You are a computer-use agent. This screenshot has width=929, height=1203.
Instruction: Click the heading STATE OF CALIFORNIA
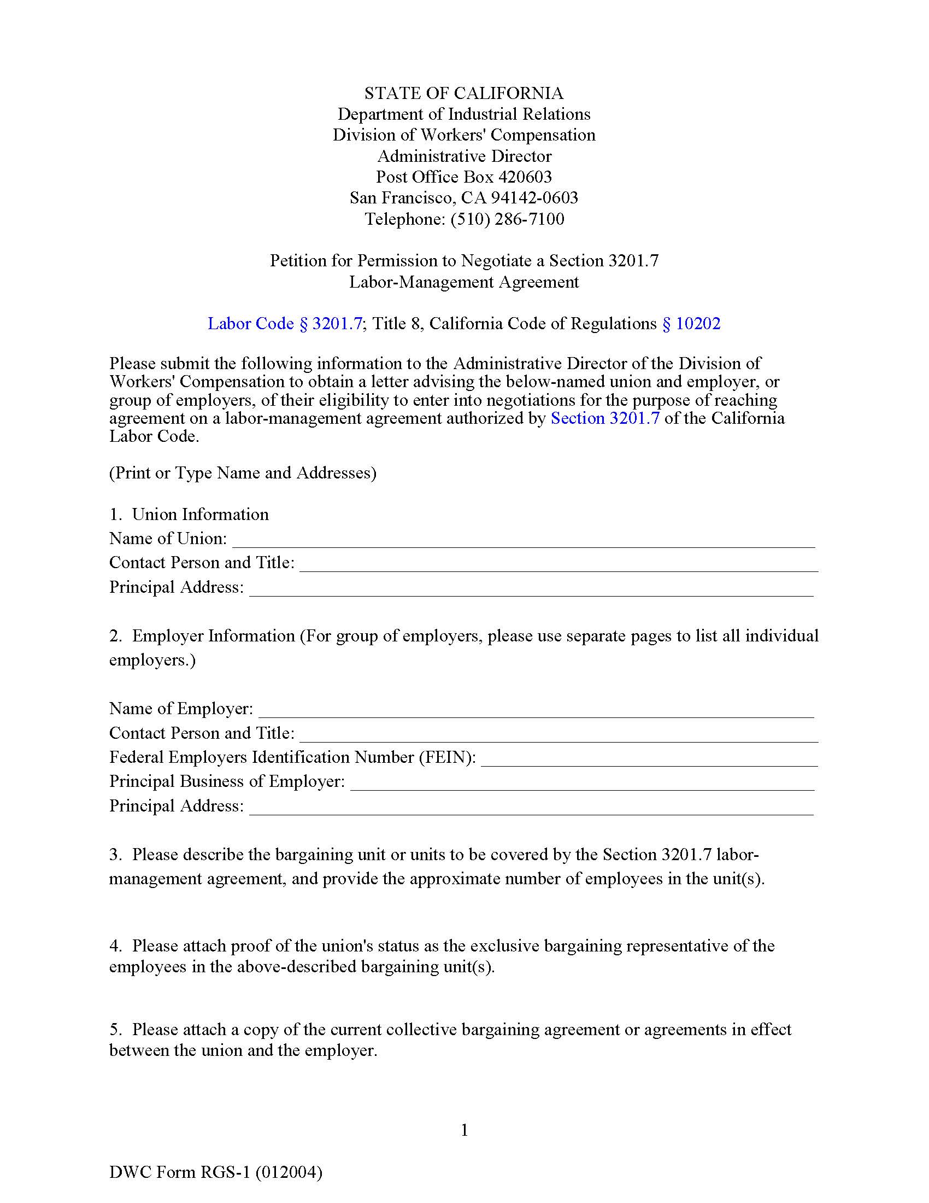(x=464, y=93)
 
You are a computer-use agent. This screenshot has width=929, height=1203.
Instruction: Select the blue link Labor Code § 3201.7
(x=285, y=323)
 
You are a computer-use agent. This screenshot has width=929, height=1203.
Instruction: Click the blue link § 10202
(x=691, y=323)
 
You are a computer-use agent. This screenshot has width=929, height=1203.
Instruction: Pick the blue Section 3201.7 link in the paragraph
(x=605, y=418)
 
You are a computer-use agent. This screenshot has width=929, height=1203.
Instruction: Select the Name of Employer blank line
(x=536, y=711)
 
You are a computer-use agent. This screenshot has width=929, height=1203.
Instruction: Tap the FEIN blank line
(x=649, y=760)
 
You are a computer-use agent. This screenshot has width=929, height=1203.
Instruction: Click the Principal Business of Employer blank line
(x=583, y=784)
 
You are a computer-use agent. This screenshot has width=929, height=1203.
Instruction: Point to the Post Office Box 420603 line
(x=464, y=177)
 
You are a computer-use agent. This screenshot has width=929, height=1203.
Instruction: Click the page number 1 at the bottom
(x=465, y=1130)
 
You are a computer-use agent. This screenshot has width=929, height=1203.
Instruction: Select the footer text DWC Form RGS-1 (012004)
(x=216, y=1172)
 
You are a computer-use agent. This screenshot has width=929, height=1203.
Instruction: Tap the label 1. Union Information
(x=189, y=515)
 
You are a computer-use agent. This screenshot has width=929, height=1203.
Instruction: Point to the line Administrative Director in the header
(x=464, y=156)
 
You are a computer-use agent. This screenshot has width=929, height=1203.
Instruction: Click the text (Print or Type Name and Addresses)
(x=243, y=472)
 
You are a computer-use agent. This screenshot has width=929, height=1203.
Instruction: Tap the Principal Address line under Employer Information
(x=531, y=808)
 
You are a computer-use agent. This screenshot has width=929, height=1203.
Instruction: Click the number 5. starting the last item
(x=115, y=1030)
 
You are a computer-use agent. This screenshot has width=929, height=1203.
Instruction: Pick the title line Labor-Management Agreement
(x=464, y=282)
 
